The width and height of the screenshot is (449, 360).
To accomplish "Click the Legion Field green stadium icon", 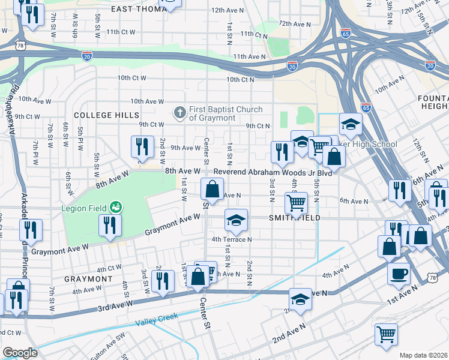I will coord(116,208).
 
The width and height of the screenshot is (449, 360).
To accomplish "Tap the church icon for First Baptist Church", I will coord(179,112).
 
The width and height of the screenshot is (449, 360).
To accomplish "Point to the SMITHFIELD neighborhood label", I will coord(294,218).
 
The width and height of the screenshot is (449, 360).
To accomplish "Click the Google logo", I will coord(20,353).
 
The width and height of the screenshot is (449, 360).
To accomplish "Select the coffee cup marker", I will coord(399,274).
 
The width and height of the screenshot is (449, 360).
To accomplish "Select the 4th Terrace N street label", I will coord(231,239).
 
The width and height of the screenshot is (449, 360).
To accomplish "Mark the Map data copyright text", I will coord(423,355).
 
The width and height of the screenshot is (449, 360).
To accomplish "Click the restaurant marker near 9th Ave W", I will coord(142,148).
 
